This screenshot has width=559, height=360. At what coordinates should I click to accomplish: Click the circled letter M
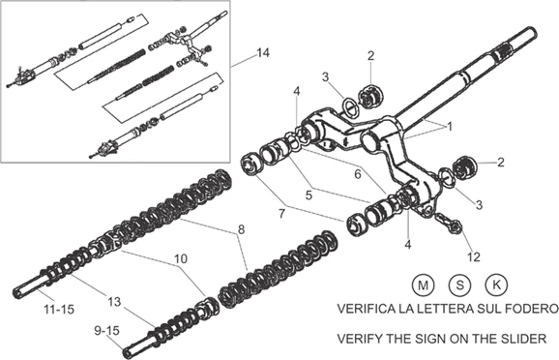tap(424, 285)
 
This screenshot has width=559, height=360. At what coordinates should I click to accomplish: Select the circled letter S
tap(460, 285)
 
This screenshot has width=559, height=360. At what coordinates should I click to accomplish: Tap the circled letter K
tap(496, 285)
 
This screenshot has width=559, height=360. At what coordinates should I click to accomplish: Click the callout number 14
tap(263, 53)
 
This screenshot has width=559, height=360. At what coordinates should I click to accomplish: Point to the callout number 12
tap(474, 256)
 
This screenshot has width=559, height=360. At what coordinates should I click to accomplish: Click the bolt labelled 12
tap(449, 222)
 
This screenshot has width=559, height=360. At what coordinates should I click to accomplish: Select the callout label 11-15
tap(59, 309)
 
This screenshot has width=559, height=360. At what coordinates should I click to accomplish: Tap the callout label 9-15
tap(106, 330)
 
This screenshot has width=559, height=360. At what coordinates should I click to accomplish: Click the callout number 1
tap(450, 127)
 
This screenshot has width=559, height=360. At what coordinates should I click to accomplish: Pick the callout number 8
tap(242, 229)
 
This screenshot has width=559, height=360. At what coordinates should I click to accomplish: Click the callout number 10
tap(181, 258)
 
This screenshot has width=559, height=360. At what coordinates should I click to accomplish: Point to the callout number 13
tap(114, 302)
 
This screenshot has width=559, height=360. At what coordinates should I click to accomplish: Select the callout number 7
tap(282, 214)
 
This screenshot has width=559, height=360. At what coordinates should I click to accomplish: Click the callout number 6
tap(358, 174)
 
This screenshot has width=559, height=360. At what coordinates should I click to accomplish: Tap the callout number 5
tap(309, 195)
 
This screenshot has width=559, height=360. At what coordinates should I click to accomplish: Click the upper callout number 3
tap(325, 76)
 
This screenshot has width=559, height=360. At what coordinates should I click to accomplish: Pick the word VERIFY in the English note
tap(360, 339)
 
